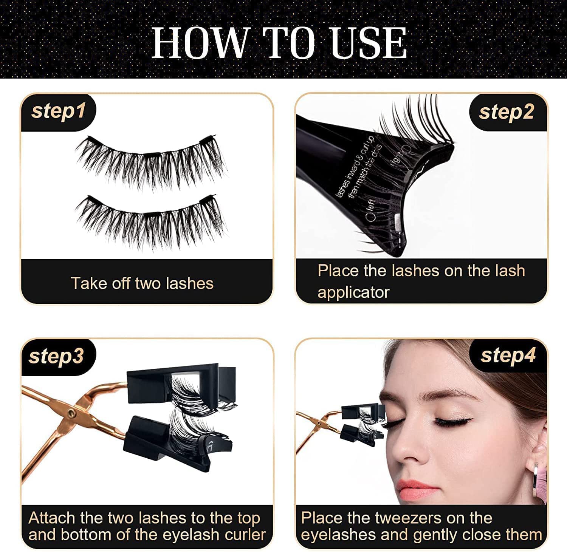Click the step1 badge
tap(58, 111)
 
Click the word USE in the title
tap(369, 43)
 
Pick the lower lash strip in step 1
tap(151, 219)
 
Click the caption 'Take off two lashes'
tap(142, 283)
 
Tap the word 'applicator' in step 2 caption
tap(353, 292)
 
